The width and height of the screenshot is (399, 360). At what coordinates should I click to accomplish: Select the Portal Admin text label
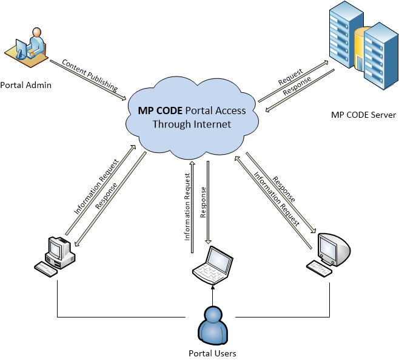pos(26,85)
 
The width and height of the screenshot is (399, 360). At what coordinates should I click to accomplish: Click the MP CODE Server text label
pos(363,115)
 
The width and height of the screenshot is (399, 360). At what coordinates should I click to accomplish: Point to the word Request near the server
pos(290,80)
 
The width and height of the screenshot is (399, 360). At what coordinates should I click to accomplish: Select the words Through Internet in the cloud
pos(192,124)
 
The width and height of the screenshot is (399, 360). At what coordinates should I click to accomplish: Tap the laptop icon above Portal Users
pos(213,265)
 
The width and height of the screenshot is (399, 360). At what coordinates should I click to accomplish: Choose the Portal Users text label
pos(212,353)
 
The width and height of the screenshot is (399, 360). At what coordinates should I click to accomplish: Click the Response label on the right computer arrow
pos(284,189)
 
